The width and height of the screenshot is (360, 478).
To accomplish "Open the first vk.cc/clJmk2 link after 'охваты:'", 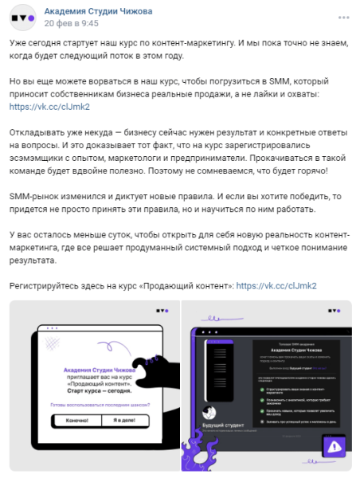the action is click(39, 106).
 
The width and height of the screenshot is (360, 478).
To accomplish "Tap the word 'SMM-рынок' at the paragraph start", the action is click(34, 196).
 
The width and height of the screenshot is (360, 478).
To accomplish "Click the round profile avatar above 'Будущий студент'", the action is click(209, 413).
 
